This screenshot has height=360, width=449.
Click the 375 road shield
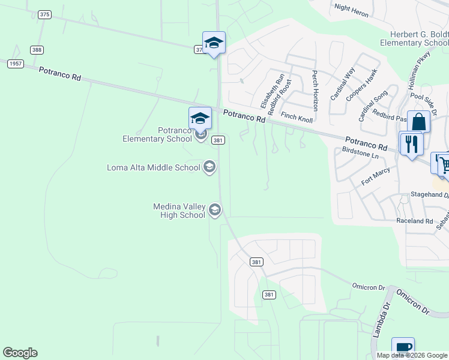tap(44, 14)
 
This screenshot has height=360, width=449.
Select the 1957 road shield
tap(16, 64)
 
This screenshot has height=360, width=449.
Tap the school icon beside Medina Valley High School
tap(215, 210)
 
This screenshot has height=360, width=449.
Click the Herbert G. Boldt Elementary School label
tap(414, 38)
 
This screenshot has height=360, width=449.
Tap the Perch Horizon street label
tap(315, 91)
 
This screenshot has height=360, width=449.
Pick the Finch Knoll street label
tap(297, 117)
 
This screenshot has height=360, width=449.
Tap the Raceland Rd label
tap(414, 221)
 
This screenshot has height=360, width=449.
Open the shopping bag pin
tap(418, 122)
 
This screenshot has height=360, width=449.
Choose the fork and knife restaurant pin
tap(411, 144)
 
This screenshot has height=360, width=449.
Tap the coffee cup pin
tap(403, 348)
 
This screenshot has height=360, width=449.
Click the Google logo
tap(20, 353)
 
